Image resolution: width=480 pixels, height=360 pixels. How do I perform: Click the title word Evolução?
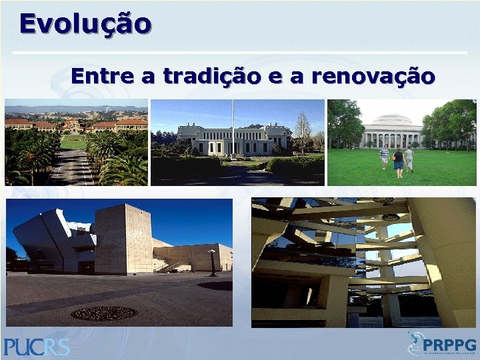click(x=85, y=24)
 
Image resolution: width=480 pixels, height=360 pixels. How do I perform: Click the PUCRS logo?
click(x=37, y=347)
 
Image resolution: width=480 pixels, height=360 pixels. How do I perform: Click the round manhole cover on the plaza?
click(x=103, y=313)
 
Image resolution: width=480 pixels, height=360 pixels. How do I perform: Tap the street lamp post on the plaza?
click(x=213, y=263)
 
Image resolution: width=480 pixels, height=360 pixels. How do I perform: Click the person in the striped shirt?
click(x=384, y=157)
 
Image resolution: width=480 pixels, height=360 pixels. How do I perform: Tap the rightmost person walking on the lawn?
click(x=409, y=159)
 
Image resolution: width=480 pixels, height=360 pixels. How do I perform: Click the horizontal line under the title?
click(x=240, y=52)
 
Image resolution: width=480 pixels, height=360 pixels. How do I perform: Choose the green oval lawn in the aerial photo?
click(x=73, y=142)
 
